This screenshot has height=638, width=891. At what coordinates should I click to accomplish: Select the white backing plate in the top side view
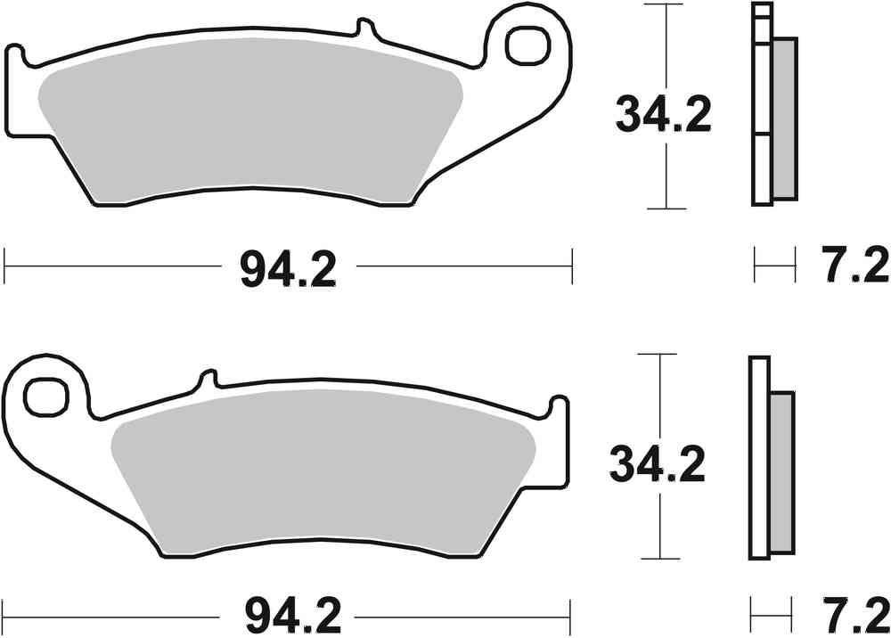tap(762, 116)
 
